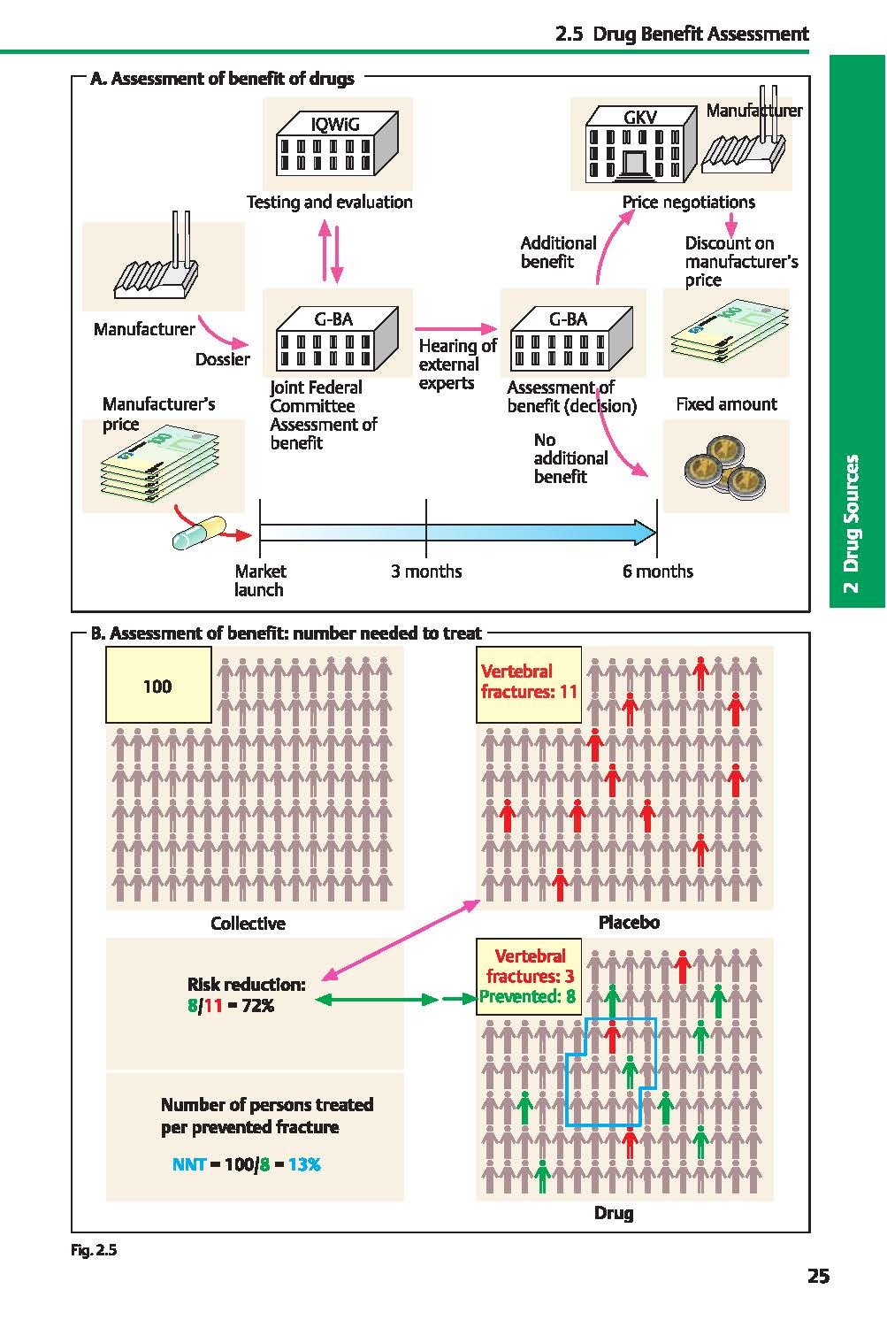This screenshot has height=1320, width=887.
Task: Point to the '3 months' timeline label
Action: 426,572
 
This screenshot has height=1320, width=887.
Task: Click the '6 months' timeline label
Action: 657,572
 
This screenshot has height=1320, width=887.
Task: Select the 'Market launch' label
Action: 260,580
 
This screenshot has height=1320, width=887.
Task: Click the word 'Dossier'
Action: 223,359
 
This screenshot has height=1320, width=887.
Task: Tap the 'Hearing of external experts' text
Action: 456,364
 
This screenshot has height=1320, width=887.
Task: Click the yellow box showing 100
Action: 158,686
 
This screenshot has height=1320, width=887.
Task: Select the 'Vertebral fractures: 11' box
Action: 529,682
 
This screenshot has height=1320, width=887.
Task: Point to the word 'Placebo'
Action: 629,923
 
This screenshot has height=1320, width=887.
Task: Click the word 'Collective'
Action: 248,924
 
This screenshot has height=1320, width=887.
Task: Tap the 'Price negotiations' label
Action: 688,203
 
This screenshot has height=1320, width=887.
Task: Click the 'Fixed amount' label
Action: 726,404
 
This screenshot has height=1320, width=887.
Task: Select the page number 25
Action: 818,1276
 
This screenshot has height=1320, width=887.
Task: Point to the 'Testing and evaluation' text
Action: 329,203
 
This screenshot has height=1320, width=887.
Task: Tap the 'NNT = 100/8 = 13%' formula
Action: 246,1164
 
